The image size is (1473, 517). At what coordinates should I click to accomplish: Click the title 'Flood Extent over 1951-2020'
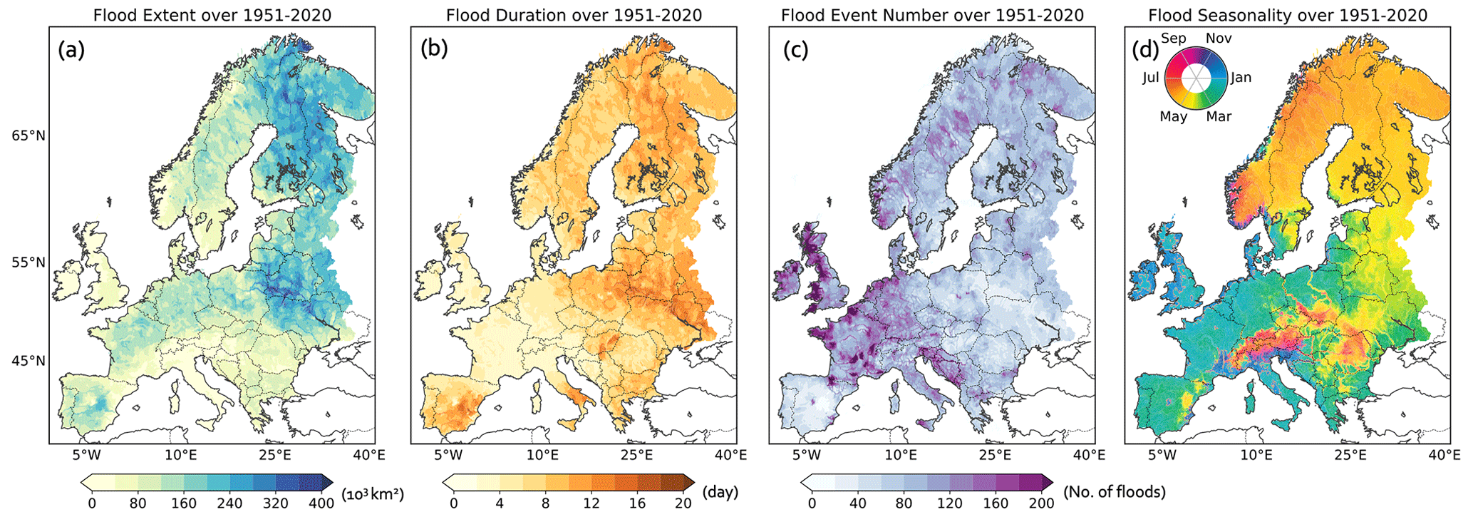212,15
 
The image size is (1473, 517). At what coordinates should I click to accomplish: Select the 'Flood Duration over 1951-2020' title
574,15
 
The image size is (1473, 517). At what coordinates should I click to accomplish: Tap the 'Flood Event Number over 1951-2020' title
932,15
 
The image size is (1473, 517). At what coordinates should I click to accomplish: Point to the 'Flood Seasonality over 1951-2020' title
1288,15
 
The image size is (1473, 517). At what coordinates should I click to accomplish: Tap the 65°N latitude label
28,135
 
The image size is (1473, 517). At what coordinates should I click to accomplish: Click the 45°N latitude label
28,361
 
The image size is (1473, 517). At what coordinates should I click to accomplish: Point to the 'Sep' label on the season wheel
1173,39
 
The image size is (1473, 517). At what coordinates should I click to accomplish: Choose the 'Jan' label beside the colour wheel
1241,78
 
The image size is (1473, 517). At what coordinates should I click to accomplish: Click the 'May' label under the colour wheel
1173,116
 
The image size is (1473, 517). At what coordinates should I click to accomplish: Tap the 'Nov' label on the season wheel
1219,39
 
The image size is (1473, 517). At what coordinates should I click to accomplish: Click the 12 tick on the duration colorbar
591,503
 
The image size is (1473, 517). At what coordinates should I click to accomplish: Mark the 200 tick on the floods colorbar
1041,503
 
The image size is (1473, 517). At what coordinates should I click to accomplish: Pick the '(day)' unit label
720,492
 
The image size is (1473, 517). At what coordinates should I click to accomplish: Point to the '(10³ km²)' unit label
373,493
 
